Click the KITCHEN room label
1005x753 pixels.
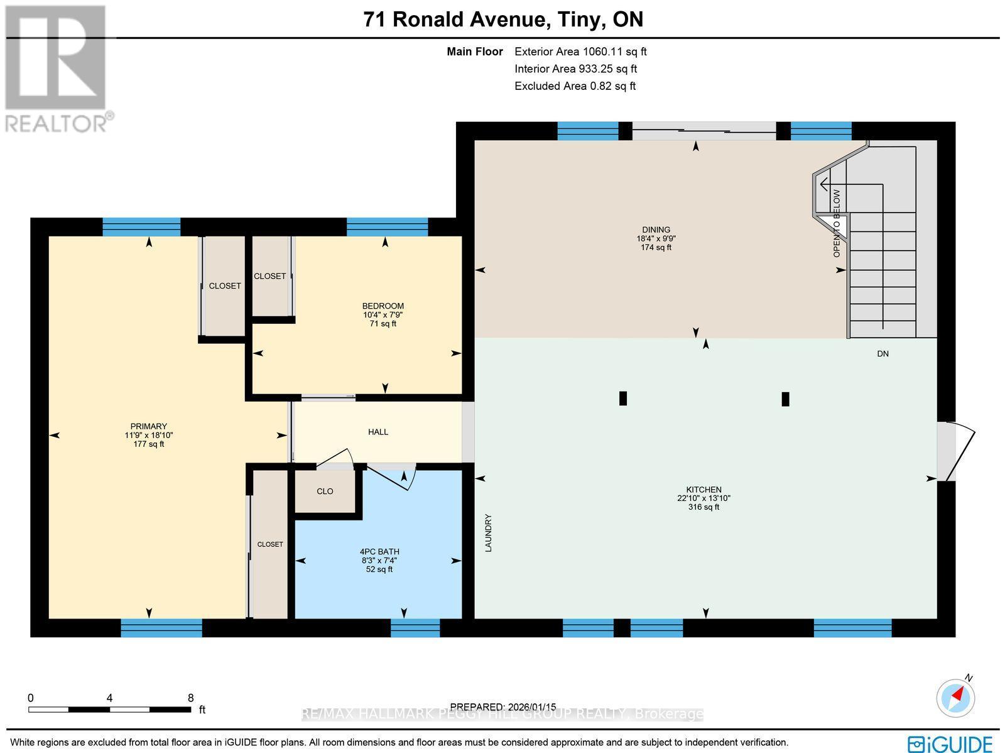point(703,490)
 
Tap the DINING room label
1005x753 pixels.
point(656,230)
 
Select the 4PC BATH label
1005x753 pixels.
point(379,552)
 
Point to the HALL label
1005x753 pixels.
point(378,432)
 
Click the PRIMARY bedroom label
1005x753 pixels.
point(149,426)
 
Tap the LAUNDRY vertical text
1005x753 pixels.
point(488,533)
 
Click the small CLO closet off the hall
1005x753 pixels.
point(325,492)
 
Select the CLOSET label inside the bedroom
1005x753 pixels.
point(269,276)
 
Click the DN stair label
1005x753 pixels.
point(883,354)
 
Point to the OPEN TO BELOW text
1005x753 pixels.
point(837,223)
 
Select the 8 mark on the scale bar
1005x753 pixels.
point(190,698)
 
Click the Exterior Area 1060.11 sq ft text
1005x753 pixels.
point(580,52)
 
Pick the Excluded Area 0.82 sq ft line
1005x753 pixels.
point(575,86)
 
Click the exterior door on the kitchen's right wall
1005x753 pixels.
point(955,451)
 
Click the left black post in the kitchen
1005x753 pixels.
point(623,398)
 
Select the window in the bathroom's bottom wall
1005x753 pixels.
point(415,627)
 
